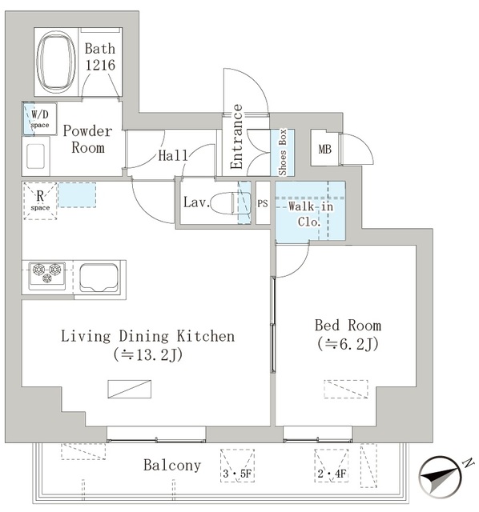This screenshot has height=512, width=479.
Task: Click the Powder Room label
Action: pos(87,139)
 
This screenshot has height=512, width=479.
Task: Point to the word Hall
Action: pos(173,155)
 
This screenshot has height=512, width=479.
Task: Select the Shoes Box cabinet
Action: pos(283,152)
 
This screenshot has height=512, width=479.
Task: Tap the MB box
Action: pos(324,149)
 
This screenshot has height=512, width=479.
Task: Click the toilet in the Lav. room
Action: pos(232,203)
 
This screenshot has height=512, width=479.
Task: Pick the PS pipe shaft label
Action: pos(263,203)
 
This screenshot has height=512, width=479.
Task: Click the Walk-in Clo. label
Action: pos(308,214)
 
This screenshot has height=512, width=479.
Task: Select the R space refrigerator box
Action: pos(39,201)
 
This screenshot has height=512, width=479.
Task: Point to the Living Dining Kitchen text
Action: pos(148,336)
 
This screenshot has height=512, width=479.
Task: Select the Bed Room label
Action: pos(348,326)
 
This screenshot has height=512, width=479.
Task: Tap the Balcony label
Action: pos(172,465)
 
